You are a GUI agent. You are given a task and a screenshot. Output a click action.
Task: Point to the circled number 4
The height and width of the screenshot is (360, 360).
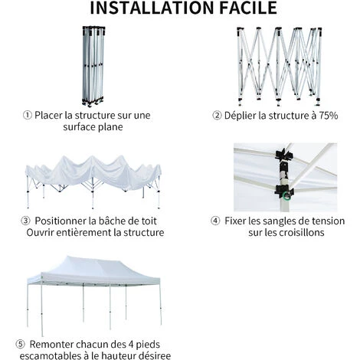tap(216, 221)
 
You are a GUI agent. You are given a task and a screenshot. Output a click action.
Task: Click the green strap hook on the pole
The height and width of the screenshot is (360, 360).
tap(285, 196)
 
